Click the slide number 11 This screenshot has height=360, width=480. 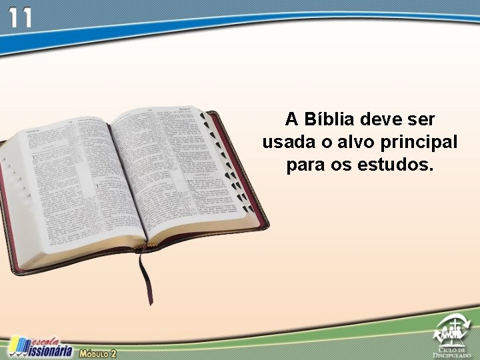pyautogui.click(x=19, y=17)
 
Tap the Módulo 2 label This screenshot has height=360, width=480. pyautogui.click(x=98, y=352)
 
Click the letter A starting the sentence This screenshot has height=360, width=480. pyautogui.click(x=291, y=120)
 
